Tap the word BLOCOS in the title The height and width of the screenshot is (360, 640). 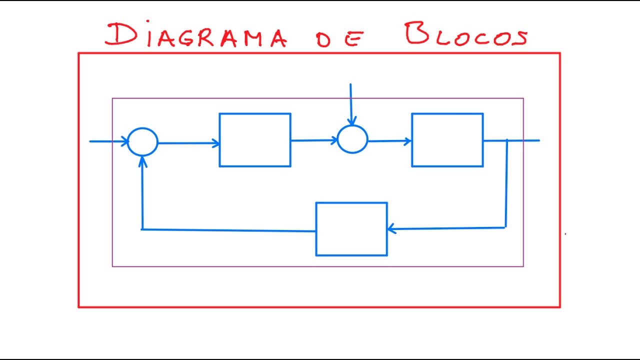click(x=466, y=35)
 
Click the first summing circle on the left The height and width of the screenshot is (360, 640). click(x=143, y=141)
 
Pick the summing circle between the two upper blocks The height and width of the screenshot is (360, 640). click(x=352, y=139)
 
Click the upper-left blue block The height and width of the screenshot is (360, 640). click(x=255, y=140)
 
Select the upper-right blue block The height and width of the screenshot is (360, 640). click(x=447, y=140)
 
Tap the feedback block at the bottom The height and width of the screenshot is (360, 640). click(x=351, y=229)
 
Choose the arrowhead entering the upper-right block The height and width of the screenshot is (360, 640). click(x=408, y=141)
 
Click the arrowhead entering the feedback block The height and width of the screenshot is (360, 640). click(x=391, y=229)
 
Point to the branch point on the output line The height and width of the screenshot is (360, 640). click(x=507, y=140)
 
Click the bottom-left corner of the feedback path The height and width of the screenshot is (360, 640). click(x=142, y=229)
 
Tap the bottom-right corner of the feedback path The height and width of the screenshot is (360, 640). click(x=505, y=227)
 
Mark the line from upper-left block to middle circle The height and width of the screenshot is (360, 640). click(x=314, y=140)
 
